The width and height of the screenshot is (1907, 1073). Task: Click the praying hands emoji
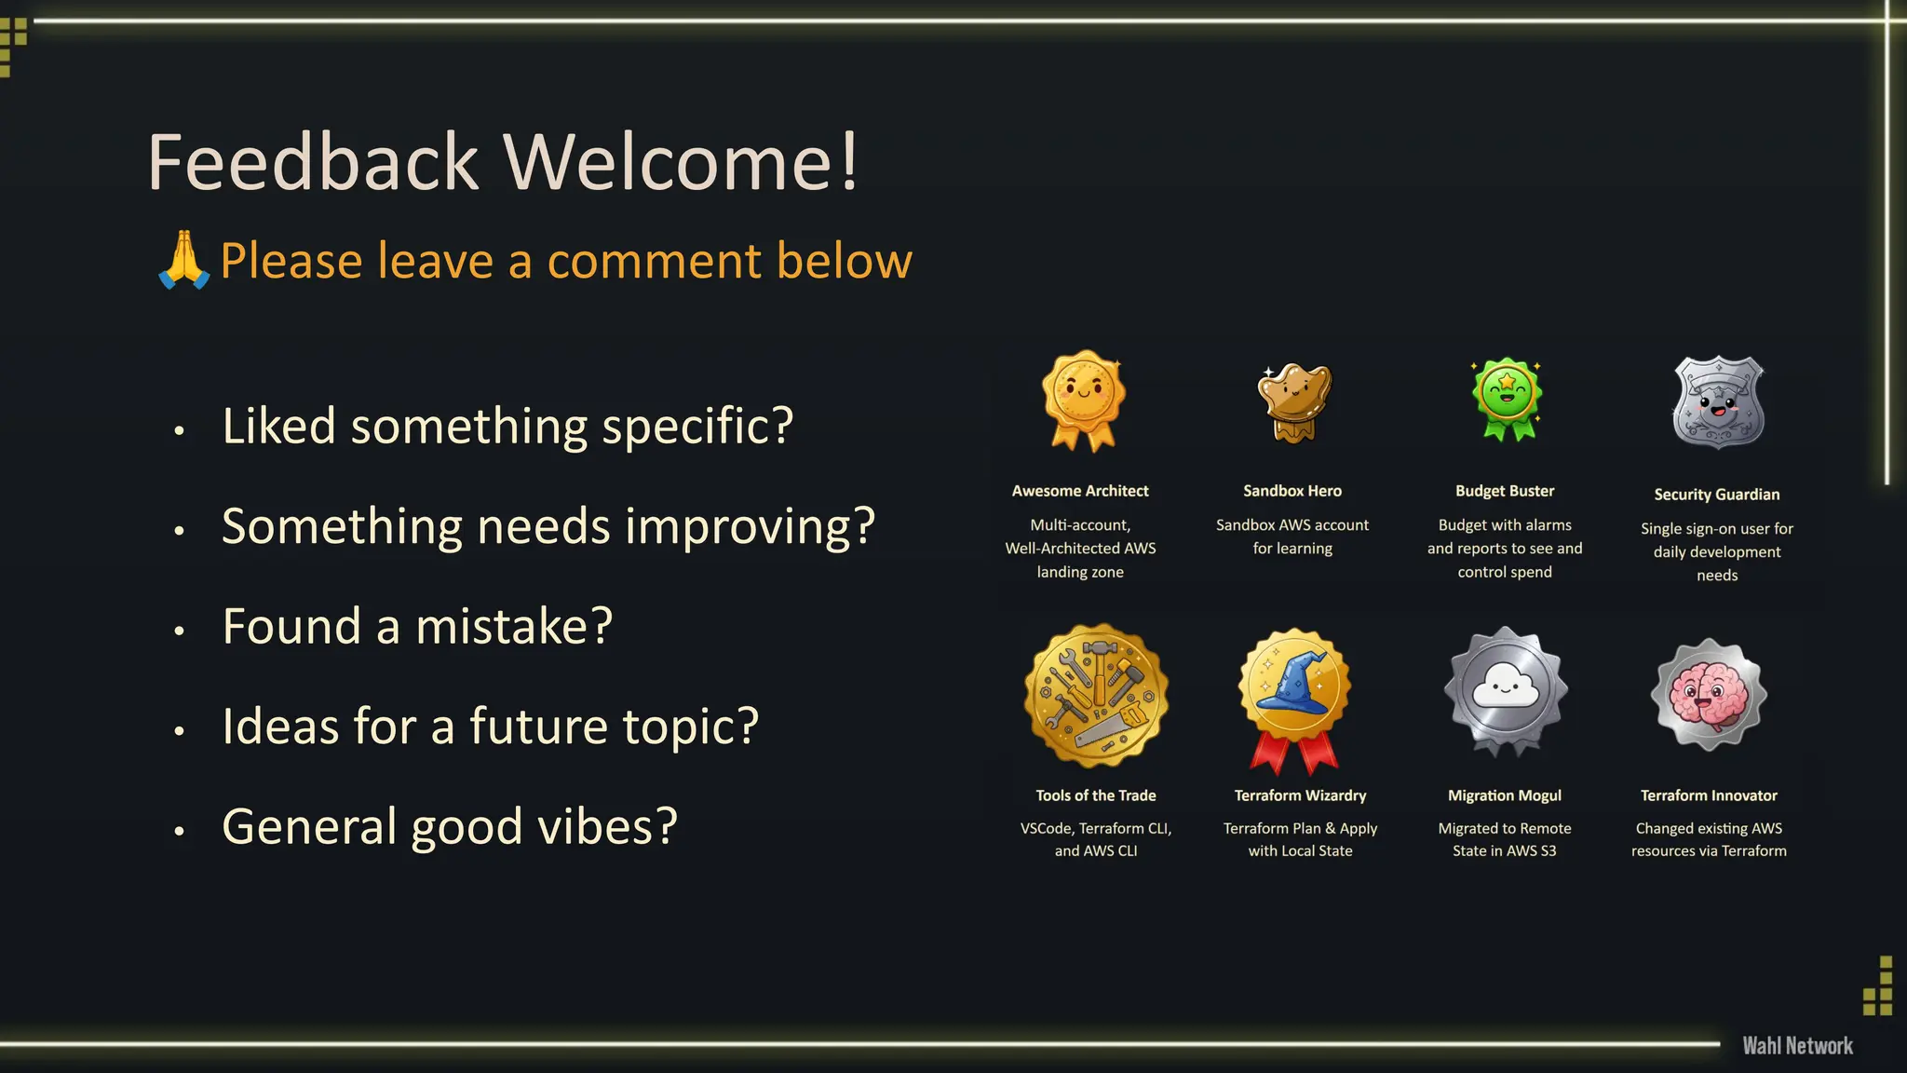click(x=183, y=260)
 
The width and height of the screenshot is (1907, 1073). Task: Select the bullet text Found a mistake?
click(x=417, y=626)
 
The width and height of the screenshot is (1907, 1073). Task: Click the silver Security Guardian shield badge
click(x=1718, y=402)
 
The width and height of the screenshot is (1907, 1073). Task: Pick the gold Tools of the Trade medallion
click(x=1096, y=696)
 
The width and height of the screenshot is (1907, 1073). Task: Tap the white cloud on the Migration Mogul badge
click(x=1505, y=688)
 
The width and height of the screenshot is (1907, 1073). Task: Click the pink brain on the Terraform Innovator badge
click(x=1708, y=696)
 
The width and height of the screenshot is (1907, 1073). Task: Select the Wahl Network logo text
click(x=1797, y=1046)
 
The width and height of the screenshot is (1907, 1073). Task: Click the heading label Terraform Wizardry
click(x=1300, y=795)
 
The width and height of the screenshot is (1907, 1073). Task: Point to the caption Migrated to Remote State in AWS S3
click(x=1504, y=839)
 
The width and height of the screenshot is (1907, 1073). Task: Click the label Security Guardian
click(x=1716, y=495)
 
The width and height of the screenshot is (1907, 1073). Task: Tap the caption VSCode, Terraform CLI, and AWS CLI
click(x=1096, y=839)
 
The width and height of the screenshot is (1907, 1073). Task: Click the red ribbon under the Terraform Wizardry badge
click(x=1293, y=753)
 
